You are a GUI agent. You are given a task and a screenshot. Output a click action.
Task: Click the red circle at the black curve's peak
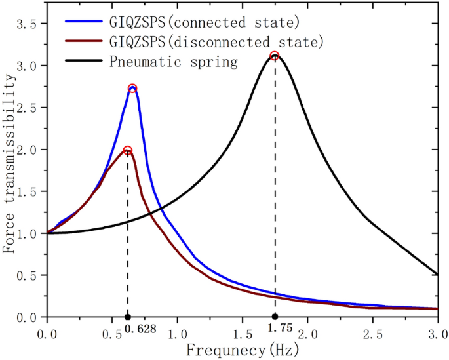click(275, 56)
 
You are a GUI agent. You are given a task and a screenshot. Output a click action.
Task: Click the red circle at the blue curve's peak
click(132, 88)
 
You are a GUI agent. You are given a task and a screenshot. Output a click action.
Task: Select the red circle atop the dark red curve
click(128, 150)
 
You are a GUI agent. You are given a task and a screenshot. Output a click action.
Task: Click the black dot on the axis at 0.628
click(127, 317)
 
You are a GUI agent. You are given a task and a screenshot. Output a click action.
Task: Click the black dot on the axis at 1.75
click(275, 317)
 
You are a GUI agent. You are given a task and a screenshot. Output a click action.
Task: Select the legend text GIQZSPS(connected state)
click(205, 23)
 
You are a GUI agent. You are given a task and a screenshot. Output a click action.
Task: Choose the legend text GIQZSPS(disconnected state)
click(216, 43)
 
